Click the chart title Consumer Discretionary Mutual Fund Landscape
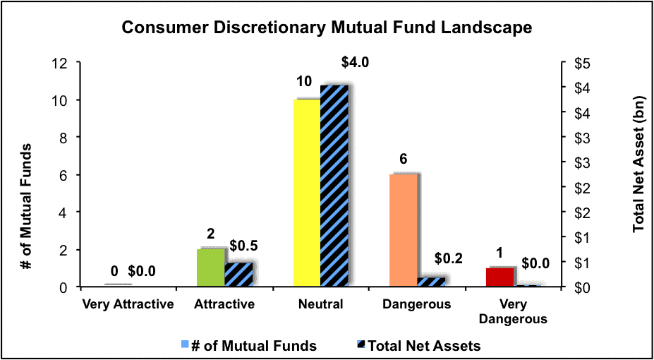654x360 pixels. pyautogui.click(x=327, y=28)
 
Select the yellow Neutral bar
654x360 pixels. pyautogui.click(x=307, y=193)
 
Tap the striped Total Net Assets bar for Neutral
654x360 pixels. pyautogui.click(x=334, y=186)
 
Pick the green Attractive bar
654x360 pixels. pyautogui.click(x=211, y=268)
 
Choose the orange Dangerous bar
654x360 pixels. pyautogui.click(x=404, y=231)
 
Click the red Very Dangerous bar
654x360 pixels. pyautogui.click(x=499, y=277)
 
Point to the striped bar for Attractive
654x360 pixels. pyautogui.click(x=238, y=275)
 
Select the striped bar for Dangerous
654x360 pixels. pyautogui.click(x=431, y=282)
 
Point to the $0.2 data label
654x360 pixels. pyautogui.click(x=449, y=258)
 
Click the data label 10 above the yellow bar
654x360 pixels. pyautogui.click(x=305, y=82)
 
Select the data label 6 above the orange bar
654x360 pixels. pyautogui.click(x=403, y=160)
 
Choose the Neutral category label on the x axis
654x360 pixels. pyautogui.click(x=321, y=304)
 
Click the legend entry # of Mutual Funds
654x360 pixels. pyautogui.click(x=250, y=346)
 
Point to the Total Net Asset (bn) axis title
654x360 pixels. pyautogui.click(x=638, y=174)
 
